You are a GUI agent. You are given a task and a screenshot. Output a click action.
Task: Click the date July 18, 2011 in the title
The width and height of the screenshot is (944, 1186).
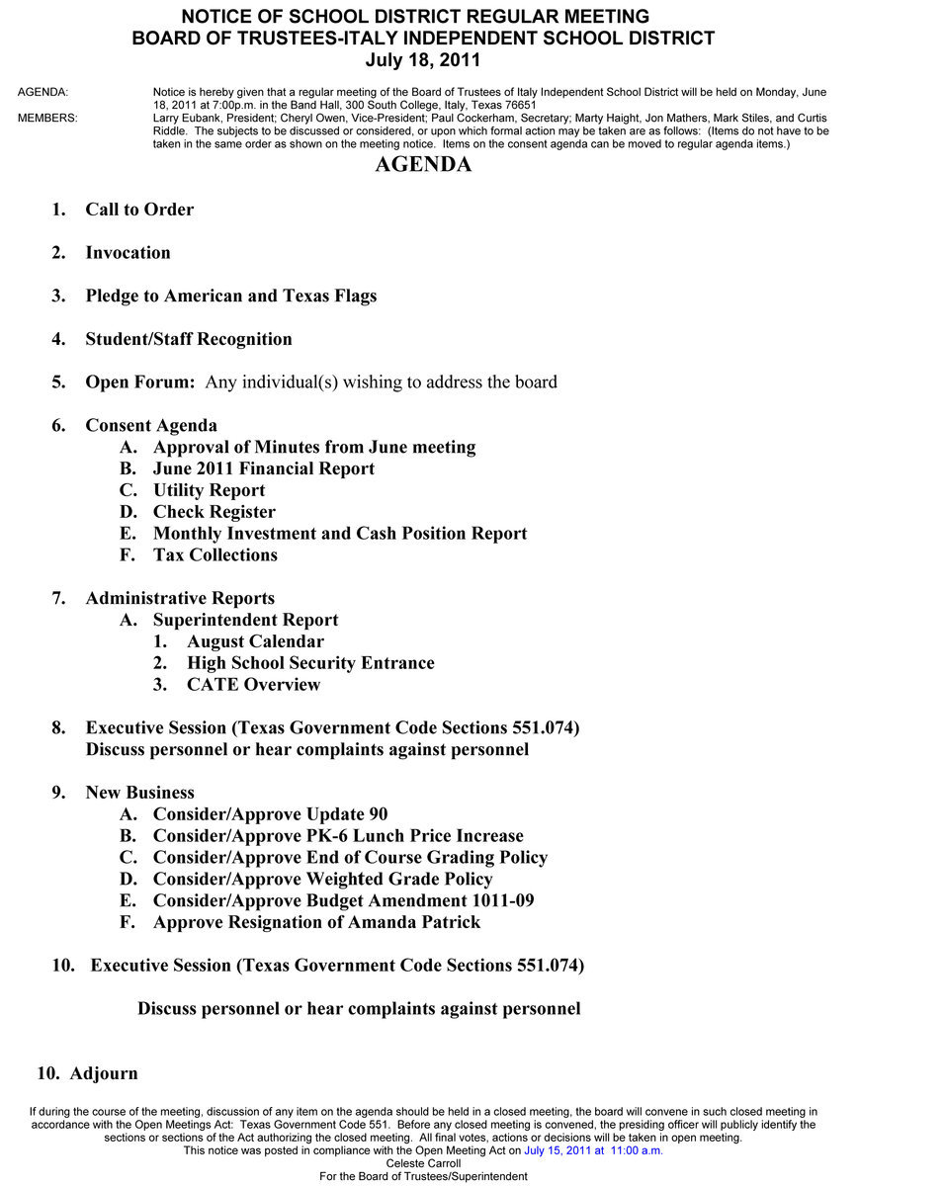pyautogui.click(x=422, y=60)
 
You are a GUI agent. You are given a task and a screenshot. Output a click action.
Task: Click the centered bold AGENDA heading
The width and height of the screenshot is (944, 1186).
pyautogui.click(x=423, y=165)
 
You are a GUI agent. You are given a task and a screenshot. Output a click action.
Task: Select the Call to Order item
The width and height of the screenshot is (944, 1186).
pyautogui.click(x=139, y=210)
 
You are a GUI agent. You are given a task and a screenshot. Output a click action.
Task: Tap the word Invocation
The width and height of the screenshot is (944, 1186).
pyautogui.click(x=128, y=253)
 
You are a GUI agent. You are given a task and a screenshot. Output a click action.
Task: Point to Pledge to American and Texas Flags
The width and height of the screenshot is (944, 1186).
pyautogui.click(x=230, y=296)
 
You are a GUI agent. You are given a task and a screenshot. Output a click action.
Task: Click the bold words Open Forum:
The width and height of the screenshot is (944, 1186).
pyautogui.click(x=140, y=382)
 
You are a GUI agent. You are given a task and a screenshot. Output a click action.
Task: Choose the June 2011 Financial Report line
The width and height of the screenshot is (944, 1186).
pyautogui.click(x=263, y=469)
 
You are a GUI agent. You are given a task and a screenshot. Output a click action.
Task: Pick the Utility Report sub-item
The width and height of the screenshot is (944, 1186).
pyautogui.click(x=209, y=491)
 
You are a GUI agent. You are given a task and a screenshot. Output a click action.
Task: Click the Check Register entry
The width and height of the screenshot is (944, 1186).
pyautogui.click(x=214, y=513)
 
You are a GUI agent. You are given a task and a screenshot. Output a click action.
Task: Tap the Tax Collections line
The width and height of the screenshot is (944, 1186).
pyautogui.click(x=215, y=555)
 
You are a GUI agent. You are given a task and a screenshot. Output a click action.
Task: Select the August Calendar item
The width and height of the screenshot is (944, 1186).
pyautogui.click(x=255, y=642)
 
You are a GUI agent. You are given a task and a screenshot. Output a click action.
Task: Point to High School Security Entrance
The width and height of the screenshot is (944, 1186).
pyautogui.click(x=310, y=664)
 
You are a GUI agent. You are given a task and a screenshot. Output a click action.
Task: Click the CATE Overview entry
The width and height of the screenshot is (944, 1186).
pyautogui.click(x=253, y=686)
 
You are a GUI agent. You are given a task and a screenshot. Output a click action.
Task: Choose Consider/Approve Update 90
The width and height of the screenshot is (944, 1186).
pyautogui.click(x=270, y=815)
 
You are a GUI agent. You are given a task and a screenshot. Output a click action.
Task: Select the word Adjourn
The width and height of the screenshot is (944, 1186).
pyautogui.click(x=104, y=1074)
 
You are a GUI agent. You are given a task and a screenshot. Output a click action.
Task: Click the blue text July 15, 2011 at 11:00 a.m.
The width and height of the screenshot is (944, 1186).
pyautogui.click(x=593, y=1150)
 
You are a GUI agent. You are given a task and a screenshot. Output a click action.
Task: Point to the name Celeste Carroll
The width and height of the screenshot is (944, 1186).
pyautogui.click(x=423, y=1163)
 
